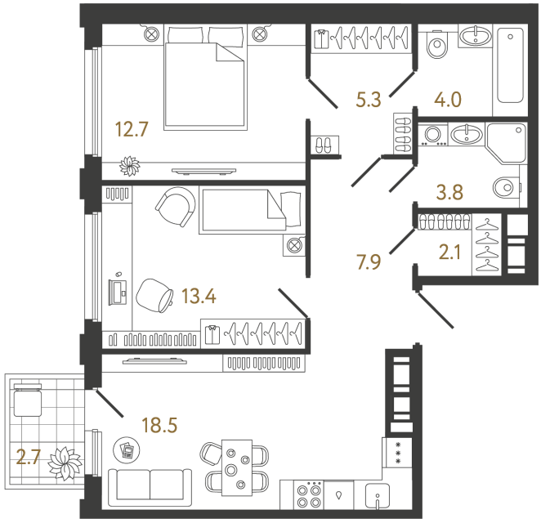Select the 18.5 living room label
click(159, 424)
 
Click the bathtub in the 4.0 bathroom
click(509, 65)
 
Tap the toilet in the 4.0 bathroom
click(437, 47)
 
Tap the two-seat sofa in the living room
click(150, 485)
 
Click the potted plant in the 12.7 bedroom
click(130, 166)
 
